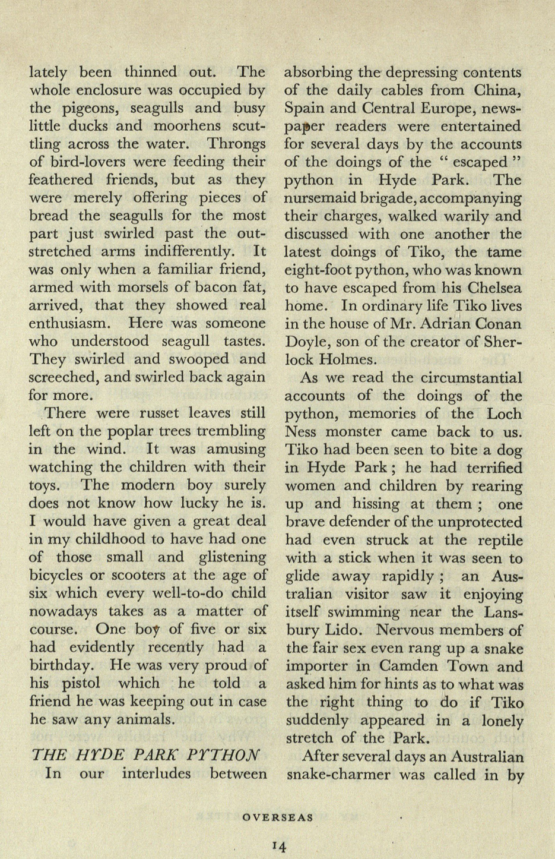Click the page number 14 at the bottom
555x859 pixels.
click(278, 845)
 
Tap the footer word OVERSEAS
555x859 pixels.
click(278, 817)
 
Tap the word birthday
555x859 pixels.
click(65, 665)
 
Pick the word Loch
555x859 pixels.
click(504, 414)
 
